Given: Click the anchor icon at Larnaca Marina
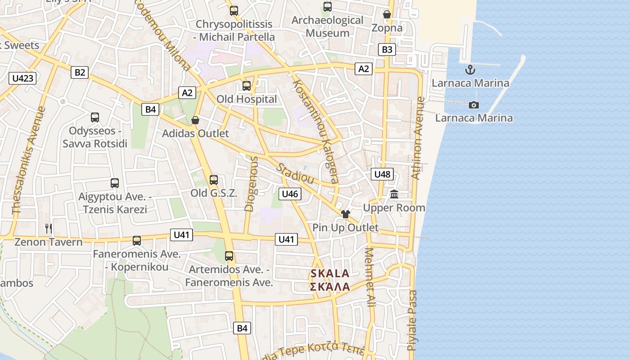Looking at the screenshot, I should click(x=470, y=70).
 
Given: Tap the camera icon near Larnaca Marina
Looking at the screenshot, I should click(x=474, y=105).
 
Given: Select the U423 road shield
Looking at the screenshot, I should click(x=22, y=78).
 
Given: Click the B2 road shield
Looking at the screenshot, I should click(x=80, y=72).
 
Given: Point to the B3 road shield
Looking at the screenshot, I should click(x=387, y=49).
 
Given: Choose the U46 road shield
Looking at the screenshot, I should click(x=290, y=194).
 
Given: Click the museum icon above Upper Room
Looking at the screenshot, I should click(x=394, y=194).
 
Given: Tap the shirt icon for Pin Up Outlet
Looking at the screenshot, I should click(x=345, y=214).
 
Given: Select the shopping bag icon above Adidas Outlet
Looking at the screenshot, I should click(x=195, y=120).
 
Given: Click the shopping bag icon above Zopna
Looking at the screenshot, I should click(x=387, y=14).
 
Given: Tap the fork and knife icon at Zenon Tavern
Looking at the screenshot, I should click(x=49, y=229).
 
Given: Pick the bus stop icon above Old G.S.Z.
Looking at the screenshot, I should click(x=214, y=180).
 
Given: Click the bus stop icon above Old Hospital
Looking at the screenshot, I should click(x=247, y=86).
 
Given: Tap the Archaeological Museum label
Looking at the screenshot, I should click(x=327, y=27).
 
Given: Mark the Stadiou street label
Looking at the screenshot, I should click(x=295, y=172).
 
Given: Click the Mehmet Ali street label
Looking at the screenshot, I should click(x=370, y=277).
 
